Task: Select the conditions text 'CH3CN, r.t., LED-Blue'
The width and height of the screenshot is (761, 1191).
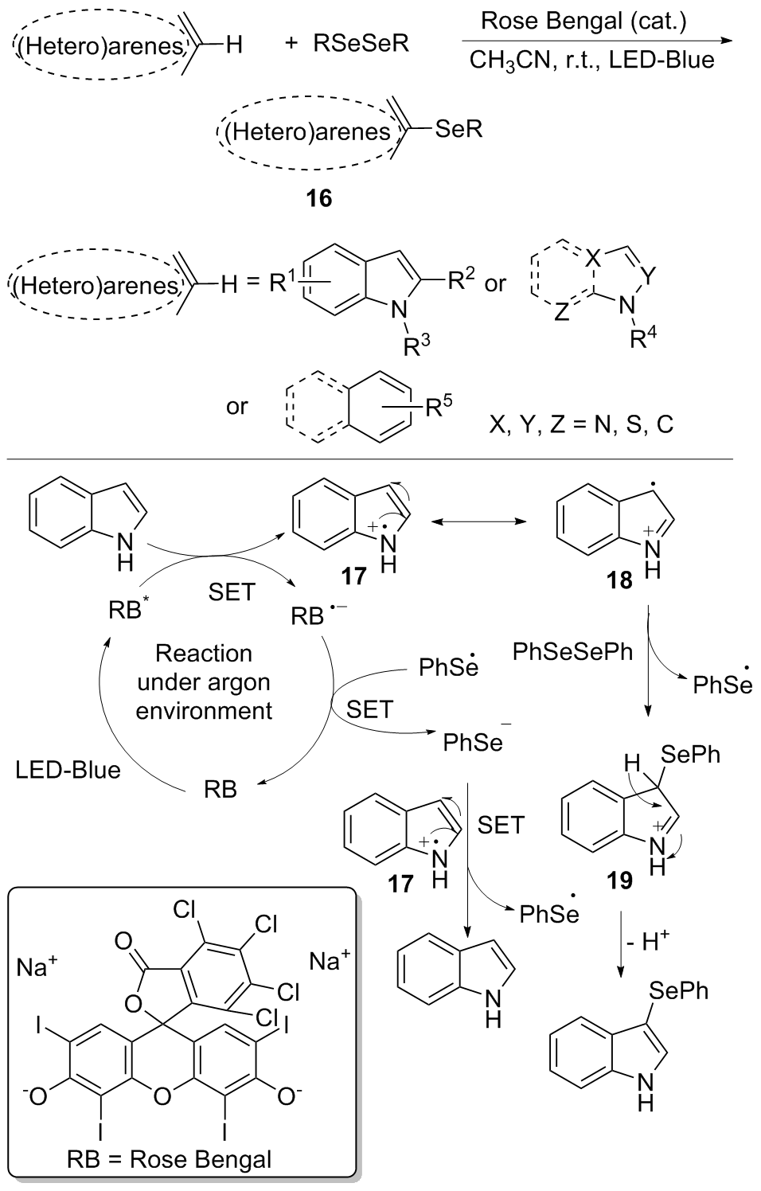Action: (591, 60)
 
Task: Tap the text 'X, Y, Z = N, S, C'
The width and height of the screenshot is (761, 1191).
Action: (581, 424)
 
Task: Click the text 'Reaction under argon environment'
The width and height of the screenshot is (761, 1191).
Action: (204, 681)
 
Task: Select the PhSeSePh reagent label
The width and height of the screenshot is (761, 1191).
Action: (573, 653)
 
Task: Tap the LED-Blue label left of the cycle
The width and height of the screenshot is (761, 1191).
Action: (68, 770)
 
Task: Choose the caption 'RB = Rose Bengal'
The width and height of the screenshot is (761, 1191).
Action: (181, 1158)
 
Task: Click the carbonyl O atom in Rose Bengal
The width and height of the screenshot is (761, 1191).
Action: (123, 942)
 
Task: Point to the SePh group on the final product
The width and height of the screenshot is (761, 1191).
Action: (678, 990)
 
